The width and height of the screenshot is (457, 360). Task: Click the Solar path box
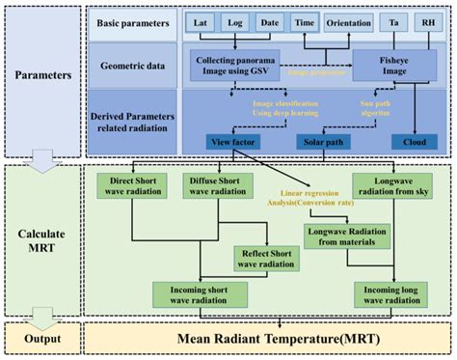coord(319,142)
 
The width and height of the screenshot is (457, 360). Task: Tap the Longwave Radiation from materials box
coord(346,236)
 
